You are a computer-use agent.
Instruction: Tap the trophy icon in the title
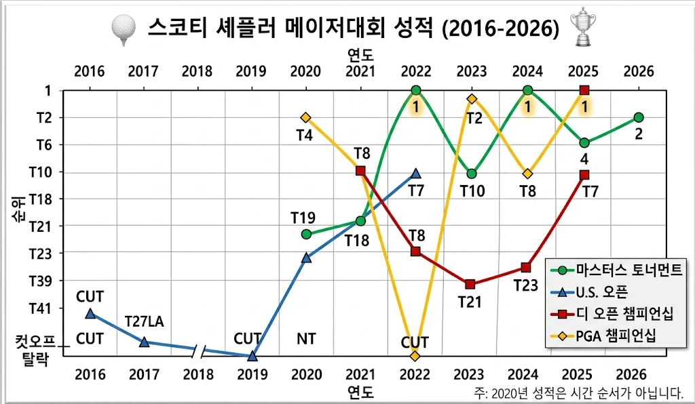(x=581, y=27)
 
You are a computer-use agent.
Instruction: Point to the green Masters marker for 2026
(x=638, y=117)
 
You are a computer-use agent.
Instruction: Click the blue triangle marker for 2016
(x=90, y=313)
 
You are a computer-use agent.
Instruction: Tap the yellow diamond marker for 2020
(x=306, y=118)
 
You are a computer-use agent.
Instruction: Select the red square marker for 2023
(x=470, y=284)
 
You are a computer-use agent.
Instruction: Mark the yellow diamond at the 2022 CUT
(x=415, y=355)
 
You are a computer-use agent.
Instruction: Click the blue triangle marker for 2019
(x=252, y=355)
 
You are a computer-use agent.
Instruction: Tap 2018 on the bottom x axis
(x=198, y=373)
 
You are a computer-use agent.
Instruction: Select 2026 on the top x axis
(x=638, y=71)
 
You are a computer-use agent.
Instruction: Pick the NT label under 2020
(x=307, y=338)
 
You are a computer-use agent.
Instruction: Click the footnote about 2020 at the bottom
(x=578, y=392)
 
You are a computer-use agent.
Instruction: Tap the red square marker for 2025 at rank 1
(x=584, y=90)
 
